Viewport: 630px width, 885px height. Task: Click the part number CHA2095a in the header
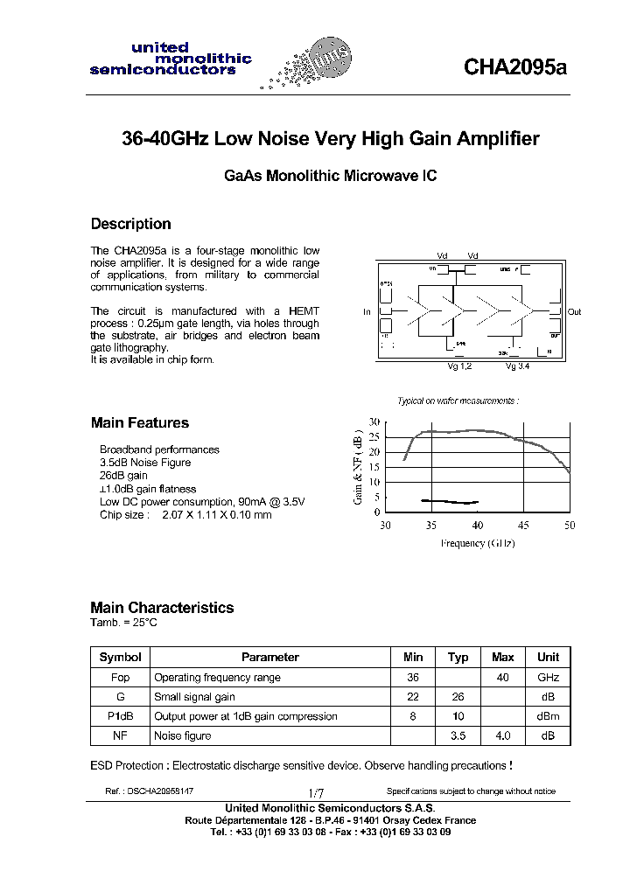(515, 68)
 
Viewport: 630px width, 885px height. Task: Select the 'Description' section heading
(130, 224)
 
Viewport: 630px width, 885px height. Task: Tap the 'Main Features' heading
(139, 423)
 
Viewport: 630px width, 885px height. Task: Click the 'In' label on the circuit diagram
(367, 312)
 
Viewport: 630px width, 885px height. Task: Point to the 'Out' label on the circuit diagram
(574, 312)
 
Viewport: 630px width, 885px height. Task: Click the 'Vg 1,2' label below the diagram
(459, 366)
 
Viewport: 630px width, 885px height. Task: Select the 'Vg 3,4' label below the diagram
(517, 366)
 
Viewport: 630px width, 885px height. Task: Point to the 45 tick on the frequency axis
(523, 526)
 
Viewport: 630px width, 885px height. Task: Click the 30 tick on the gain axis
(374, 422)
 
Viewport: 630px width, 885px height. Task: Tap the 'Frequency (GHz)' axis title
(477, 543)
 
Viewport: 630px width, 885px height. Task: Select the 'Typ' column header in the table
(458, 658)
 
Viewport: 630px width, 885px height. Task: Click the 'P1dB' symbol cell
(120, 716)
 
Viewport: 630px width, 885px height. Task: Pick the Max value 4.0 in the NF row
(502, 736)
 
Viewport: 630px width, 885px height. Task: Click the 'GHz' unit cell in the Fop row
(548, 678)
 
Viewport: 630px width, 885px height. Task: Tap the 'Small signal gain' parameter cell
(194, 697)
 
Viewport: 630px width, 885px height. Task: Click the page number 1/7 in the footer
(316, 791)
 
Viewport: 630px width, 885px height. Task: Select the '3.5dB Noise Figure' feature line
(145, 463)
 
